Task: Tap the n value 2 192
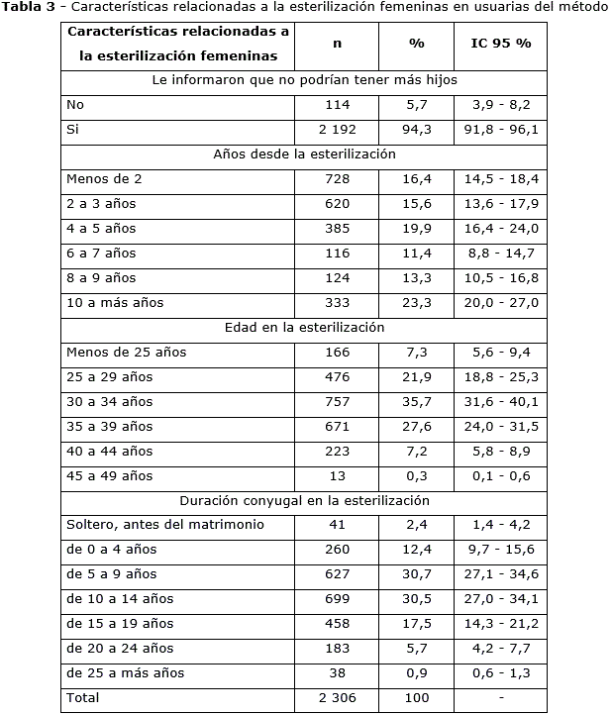(339, 130)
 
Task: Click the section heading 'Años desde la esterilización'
(304, 154)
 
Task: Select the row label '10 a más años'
(114, 303)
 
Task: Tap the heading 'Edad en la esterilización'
(304, 328)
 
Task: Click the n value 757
(339, 402)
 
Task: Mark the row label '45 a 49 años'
(110, 476)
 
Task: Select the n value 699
(339, 599)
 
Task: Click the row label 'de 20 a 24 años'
(119, 649)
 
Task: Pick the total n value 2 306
(339, 698)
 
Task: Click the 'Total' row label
(82, 698)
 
